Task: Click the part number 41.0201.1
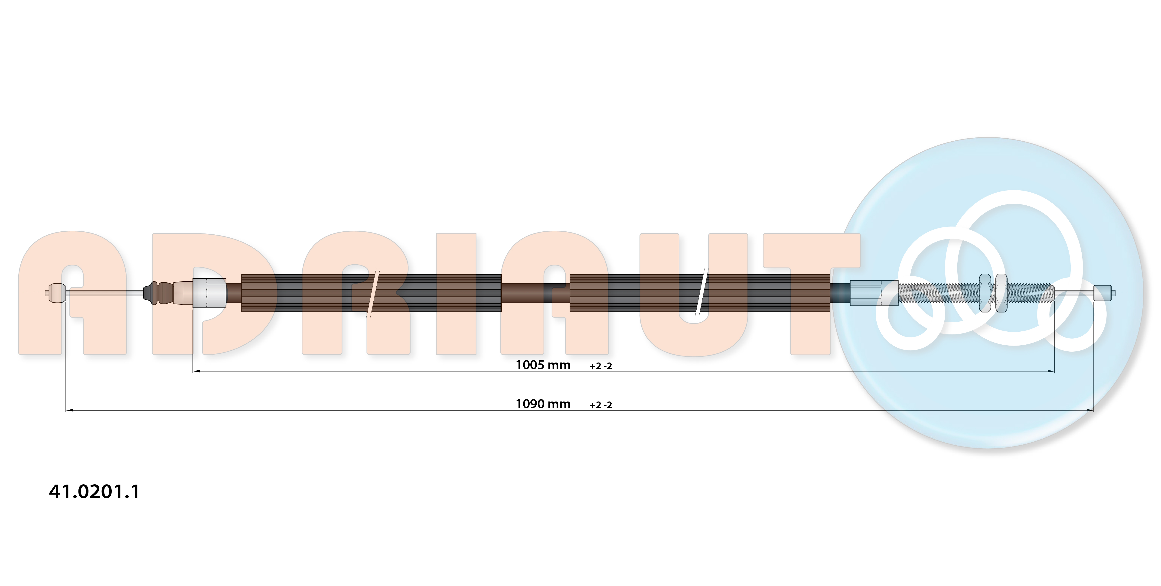[x=94, y=491]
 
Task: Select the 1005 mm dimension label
[x=543, y=365]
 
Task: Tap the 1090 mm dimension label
[x=543, y=404]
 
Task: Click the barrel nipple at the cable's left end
[x=57, y=293]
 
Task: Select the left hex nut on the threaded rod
[x=985, y=293]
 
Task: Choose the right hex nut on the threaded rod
[x=1001, y=293]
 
